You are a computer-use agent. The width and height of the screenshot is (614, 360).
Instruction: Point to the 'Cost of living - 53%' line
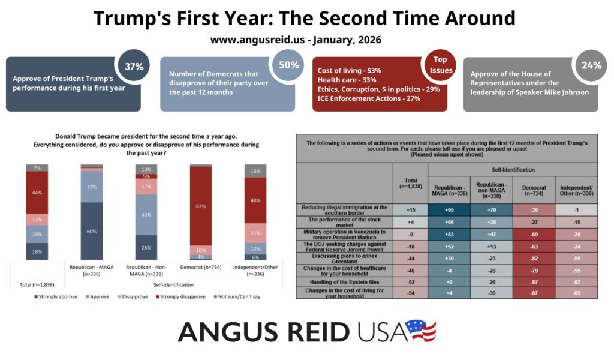[349, 71]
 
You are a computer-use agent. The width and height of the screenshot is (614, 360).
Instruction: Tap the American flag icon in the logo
[420, 331]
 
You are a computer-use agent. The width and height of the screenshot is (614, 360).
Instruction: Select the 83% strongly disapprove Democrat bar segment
[201, 206]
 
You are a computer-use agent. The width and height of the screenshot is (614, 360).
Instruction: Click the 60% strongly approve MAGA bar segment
[92, 231]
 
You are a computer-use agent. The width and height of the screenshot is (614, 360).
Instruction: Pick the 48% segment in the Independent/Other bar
[255, 200]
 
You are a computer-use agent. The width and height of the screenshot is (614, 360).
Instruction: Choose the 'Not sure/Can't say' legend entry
[239, 296]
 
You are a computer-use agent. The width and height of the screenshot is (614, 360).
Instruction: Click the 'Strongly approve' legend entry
[56, 296]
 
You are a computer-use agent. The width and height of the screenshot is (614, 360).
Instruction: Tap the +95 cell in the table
[450, 209]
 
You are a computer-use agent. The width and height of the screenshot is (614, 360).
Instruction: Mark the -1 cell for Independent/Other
[577, 209]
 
